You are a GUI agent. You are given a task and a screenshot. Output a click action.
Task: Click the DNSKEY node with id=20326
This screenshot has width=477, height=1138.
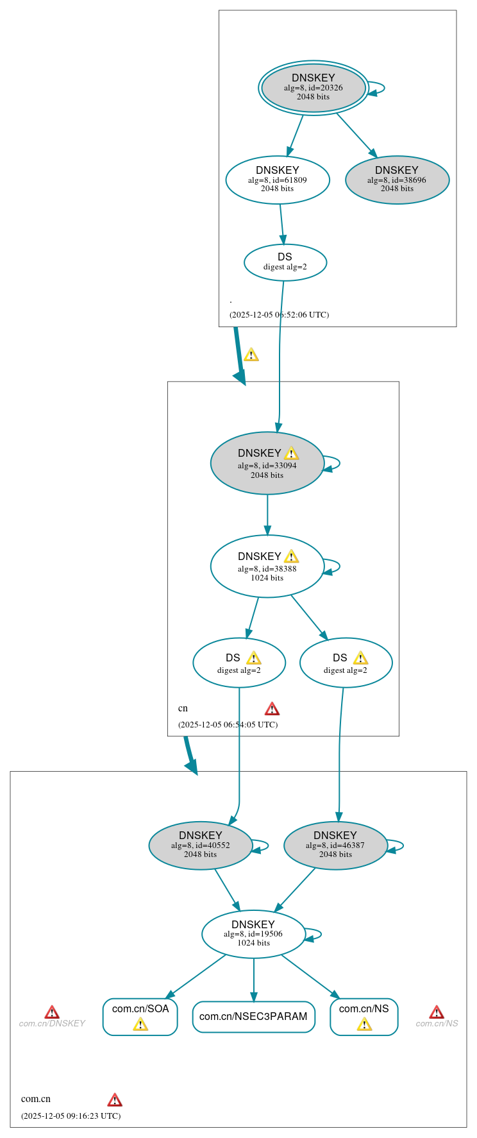click(313, 88)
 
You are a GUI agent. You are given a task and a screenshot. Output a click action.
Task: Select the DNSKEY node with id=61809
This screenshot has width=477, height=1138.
click(278, 180)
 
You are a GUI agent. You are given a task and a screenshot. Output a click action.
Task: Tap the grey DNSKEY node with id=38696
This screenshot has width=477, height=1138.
click(397, 180)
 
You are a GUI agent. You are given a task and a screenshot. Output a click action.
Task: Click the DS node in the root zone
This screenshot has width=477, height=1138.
click(285, 262)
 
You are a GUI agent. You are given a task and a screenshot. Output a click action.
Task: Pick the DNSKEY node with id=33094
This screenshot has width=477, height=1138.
click(267, 463)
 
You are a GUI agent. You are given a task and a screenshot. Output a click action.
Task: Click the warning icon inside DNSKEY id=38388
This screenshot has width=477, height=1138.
click(291, 556)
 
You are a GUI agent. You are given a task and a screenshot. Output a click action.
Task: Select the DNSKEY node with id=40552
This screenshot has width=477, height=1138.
click(201, 845)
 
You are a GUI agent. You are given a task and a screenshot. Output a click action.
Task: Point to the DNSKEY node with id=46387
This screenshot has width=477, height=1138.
click(335, 845)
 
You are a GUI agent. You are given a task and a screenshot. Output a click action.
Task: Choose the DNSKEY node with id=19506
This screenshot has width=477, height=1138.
click(253, 934)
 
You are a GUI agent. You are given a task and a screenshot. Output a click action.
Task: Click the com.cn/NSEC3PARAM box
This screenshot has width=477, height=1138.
click(253, 1017)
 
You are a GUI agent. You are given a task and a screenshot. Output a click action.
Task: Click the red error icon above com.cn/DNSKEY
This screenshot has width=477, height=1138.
click(52, 1012)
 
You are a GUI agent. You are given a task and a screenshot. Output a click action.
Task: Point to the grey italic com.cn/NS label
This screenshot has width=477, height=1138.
click(437, 1024)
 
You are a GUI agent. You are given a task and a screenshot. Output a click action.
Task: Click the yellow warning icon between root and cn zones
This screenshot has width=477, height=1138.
click(251, 355)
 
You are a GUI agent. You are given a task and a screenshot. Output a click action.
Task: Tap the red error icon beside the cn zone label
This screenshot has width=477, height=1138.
click(272, 709)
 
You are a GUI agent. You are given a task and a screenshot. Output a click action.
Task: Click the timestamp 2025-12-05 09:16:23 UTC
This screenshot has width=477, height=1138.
click(71, 1116)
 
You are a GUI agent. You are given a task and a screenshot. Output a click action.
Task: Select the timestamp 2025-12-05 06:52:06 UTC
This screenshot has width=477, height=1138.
click(279, 315)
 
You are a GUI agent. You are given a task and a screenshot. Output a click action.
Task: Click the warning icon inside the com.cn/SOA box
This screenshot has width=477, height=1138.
click(140, 1024)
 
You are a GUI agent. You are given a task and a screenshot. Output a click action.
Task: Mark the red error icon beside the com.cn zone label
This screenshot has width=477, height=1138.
click(115, 1100)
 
